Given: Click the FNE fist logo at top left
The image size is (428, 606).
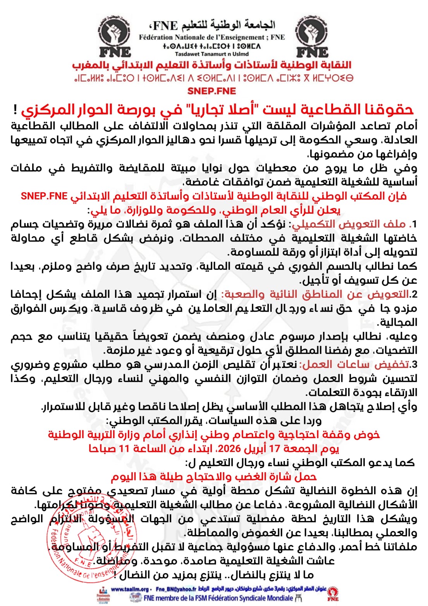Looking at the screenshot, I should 115,37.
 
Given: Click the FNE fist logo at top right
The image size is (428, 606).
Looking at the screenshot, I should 312,37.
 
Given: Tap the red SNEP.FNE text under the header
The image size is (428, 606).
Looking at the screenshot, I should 211,91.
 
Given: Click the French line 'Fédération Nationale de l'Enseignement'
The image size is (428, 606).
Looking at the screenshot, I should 211,38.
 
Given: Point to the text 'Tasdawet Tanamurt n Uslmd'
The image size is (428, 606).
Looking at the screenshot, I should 211,54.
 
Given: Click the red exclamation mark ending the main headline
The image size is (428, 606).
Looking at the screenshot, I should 15,110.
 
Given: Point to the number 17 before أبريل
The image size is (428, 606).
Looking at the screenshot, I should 275,449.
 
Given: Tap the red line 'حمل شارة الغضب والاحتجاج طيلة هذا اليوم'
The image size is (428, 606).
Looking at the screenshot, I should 214,477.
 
